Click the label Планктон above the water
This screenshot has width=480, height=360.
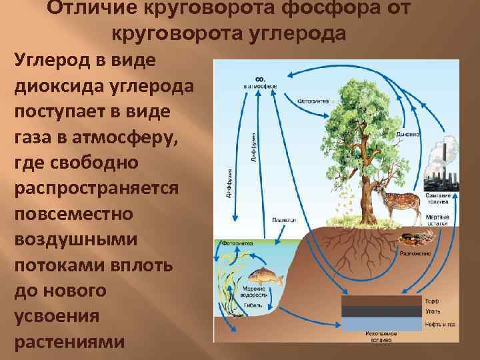[x=285, y=220]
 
